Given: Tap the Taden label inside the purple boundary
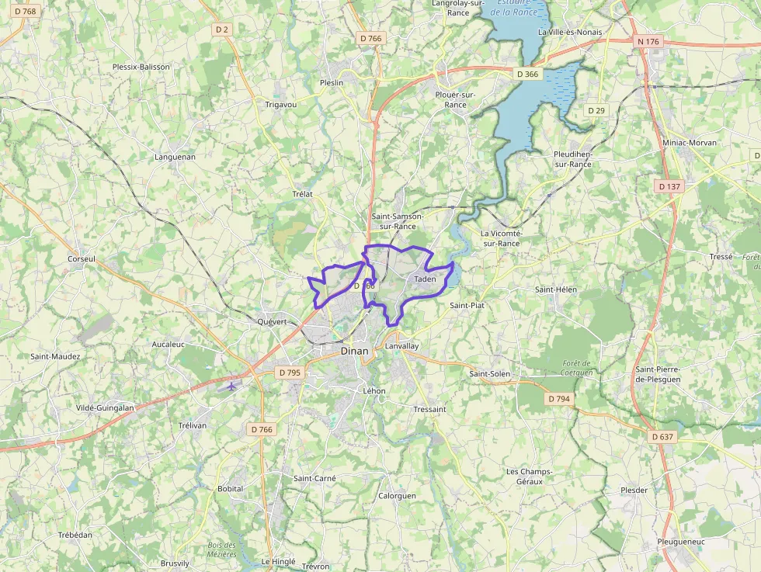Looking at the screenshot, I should tap(425, 279).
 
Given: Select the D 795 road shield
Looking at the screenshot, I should tap(289, 373).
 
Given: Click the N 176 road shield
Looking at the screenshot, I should tap(647, 41).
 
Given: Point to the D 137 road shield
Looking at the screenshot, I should tap(669, 186).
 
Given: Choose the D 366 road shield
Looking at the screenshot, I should tap(527, 74).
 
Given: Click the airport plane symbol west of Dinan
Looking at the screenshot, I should tap(231, 385).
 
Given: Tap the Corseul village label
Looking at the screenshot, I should tap(81, 258).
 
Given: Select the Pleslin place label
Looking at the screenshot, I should tap(332, 82).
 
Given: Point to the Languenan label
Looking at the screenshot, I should tap(175, 156).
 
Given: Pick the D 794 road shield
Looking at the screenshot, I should tap(558, 399).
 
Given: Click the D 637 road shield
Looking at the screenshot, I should tap(662, 437).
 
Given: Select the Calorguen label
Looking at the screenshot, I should tap(397, 495).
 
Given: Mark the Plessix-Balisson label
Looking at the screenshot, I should tap(141, 67).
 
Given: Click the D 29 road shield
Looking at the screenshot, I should tap(596, 110).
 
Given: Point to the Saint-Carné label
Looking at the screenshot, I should tap(314, 478).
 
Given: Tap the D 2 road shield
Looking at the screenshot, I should tap(222, 29).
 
